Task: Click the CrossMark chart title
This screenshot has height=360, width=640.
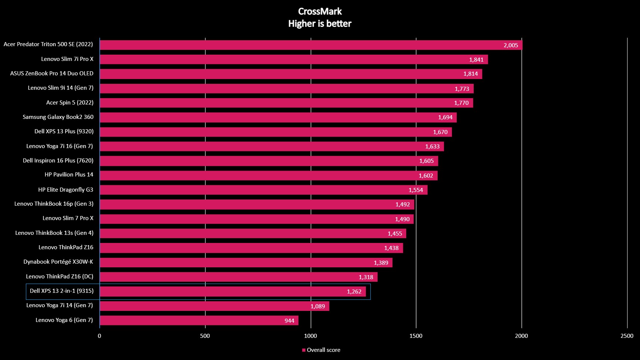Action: tap(320, 11)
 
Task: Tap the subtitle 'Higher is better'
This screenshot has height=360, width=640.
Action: tap(320, 24)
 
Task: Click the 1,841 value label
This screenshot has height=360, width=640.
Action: tap(476, 60)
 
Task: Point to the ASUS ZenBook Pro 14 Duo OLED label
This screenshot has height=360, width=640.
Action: tap(52, 73)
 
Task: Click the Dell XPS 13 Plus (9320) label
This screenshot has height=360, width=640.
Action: tap(64, 131)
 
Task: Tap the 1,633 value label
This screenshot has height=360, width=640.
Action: tap(432, 147)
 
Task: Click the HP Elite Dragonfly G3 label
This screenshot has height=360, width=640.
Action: tap(66, 190)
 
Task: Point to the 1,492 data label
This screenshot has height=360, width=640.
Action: tap(403, 205)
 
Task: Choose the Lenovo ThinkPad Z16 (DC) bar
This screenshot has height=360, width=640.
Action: tap(238, 277)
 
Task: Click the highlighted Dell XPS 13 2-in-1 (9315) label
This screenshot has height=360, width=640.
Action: tap(62, 291)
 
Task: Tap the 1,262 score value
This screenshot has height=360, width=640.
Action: tap(354, 292)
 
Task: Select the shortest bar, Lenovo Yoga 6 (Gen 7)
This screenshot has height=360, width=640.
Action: tap(199, 320)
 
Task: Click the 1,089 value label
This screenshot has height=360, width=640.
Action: tap(318, 306)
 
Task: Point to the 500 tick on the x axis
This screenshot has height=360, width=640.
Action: tap(205, 336)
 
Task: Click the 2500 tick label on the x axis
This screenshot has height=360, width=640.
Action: tap(627, 336)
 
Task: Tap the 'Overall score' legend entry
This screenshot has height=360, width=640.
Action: tap(321, 350)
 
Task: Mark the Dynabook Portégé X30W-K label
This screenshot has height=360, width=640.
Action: tap(58, 262)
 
